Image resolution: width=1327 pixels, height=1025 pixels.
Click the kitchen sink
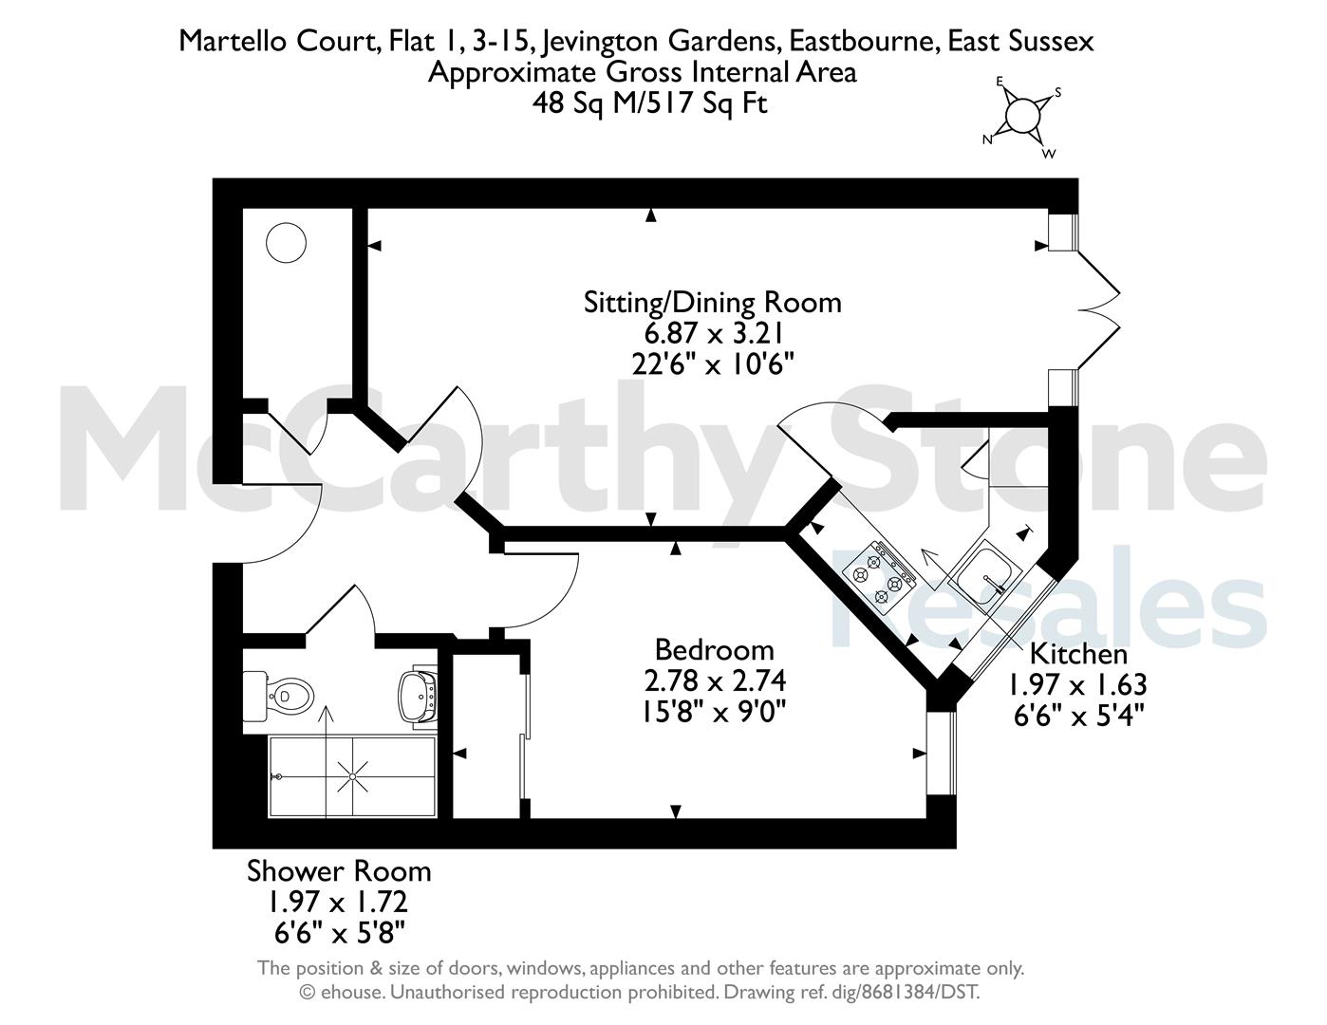pyautogui.click(x=985, y=574)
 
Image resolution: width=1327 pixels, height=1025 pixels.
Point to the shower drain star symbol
pyautogui.click(x=353, y=776)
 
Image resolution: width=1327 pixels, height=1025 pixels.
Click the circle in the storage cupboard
pyautogui.click(x=286, y=243)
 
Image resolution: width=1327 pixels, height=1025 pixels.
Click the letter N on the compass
pyautogui.click(x=987, y=140)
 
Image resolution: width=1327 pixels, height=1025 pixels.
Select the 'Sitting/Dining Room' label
pyautogui.click(x=712, y=302)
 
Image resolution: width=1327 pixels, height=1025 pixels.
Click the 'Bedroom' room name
pyautogui.click(x=714, y=650)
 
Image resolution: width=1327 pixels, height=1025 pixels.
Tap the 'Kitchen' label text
pyautogui.click(x=1078, y=655)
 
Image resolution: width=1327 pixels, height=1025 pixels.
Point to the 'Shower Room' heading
pyautogui.click(x=339, y=871)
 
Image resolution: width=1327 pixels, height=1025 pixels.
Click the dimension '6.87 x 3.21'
pyautogui.click(x=713, y=334)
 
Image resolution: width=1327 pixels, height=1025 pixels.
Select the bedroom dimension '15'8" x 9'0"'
pyautogui.click(x=714, y=712)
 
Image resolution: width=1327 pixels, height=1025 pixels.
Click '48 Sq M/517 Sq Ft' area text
pyautogui.click(x=649, y=103)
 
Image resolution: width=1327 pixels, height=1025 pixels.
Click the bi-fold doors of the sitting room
pyautogui.click(x=1098, y=309)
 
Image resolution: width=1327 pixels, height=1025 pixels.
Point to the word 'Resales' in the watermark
pyautogui.click(x=1048, y=599)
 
